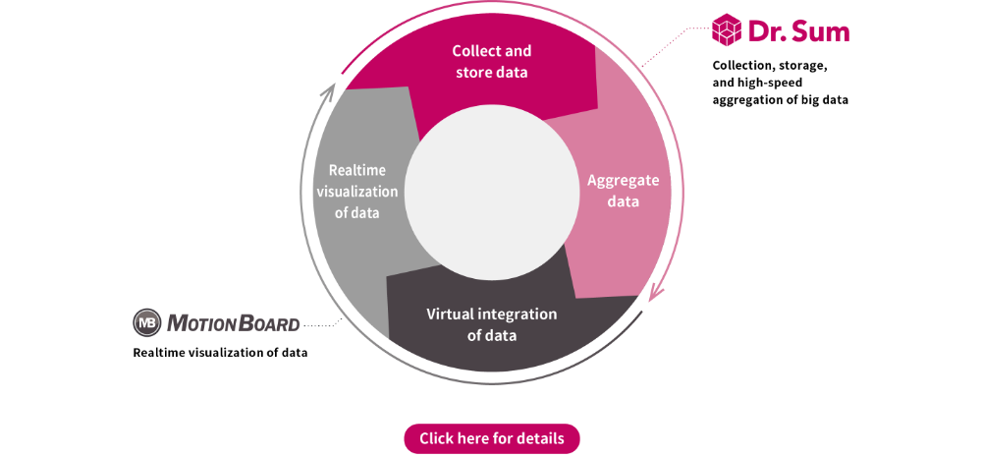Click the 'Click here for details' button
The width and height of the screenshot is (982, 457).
491,438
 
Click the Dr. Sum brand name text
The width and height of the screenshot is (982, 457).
798,30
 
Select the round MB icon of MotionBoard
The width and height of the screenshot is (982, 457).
146,322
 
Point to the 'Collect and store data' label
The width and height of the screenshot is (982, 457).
491,61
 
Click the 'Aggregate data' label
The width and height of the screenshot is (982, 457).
623,191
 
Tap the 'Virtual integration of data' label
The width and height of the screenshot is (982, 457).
491,324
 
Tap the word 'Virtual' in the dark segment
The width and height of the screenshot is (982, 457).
450,314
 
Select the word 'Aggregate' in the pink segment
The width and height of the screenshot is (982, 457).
623,181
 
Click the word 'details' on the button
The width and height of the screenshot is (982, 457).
541,438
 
